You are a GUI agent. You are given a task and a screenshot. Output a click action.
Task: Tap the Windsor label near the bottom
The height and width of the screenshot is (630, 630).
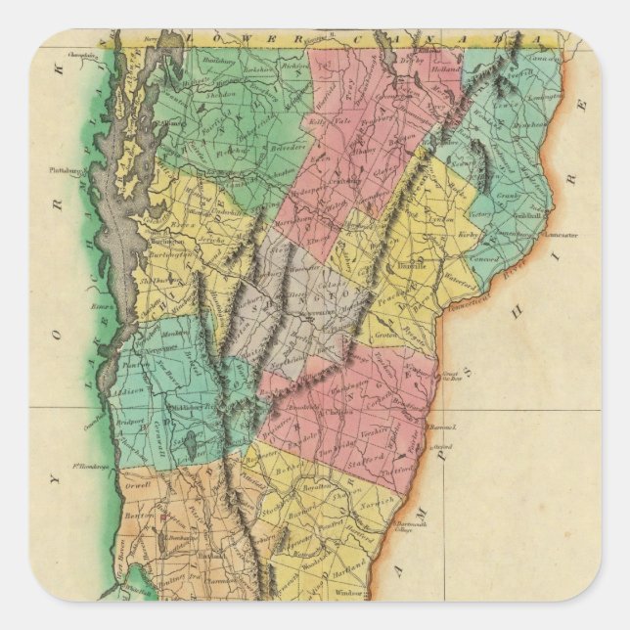click(x=349, y=595)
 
